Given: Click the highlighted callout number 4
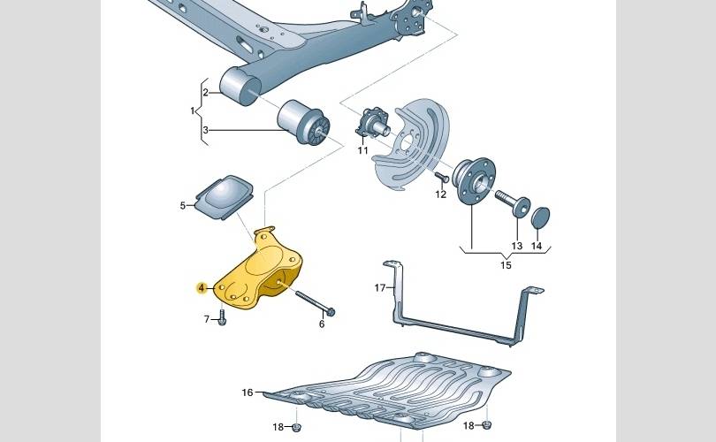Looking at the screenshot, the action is coord(202,287).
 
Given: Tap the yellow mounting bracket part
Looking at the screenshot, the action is coord(259,274).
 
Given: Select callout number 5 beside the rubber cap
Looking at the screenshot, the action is coord(183,206).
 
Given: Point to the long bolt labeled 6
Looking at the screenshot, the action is coord(315,301).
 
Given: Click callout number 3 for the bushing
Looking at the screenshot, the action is coord(205,130).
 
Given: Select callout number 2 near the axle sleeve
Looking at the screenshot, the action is coord(205,93).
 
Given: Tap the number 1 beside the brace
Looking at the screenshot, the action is coord(193,110).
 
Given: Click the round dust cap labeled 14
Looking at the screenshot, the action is coord(541,217).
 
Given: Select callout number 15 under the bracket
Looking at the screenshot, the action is coord(506,265).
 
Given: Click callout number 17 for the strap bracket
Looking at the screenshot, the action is coord(380,287).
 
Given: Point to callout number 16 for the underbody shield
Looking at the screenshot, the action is coord(247,392).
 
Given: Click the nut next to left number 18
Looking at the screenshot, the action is coord(296,427).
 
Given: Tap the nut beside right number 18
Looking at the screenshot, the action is coord(487,425).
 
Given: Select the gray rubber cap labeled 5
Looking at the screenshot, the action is coord(225,197).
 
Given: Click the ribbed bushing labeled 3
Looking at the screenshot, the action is coord(304,122).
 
